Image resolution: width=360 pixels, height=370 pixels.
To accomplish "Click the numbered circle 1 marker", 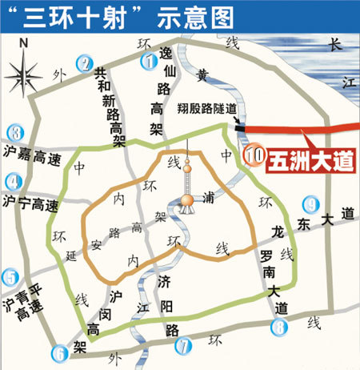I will coord(146,60).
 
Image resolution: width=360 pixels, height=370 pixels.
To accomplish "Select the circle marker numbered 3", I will coord(13,133).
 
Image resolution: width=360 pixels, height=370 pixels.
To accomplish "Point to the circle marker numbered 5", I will coord(10,279).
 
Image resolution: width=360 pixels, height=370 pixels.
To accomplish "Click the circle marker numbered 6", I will coord(60,351).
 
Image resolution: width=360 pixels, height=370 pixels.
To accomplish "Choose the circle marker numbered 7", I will coord(184,347).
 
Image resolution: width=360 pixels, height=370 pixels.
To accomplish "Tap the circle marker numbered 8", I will coord(278,326).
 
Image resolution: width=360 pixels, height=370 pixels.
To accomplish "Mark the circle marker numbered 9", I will coord(310,204).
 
